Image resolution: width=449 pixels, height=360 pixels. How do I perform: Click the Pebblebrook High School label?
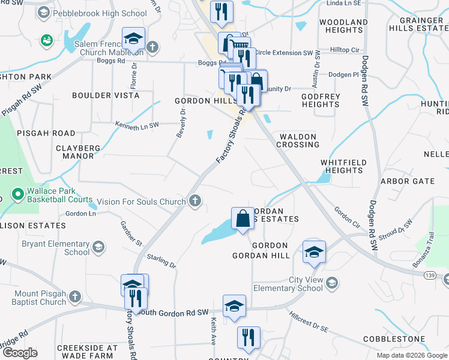(x=100, y=13)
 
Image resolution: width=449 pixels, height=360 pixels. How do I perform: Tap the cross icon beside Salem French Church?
(x=152, y=47)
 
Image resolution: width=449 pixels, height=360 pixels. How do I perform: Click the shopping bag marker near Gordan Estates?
(x=243, y=219)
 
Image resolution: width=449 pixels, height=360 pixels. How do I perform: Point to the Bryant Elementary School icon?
(x=97, y=247)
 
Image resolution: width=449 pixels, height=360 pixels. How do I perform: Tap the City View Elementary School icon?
(x=331, y=283)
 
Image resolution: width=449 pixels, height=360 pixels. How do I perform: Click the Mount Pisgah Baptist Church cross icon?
(x=74, y=296)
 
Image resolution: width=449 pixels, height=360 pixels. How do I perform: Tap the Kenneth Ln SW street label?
(x=137, y=125)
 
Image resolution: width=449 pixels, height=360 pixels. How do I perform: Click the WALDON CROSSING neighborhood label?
(x=298, y=140)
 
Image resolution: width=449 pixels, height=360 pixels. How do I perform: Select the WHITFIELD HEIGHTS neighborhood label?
(x=342, y=166)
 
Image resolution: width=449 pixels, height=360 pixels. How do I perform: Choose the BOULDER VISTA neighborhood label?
(x=106, y=95)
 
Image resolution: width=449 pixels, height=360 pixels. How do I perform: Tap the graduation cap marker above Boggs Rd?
(x=133, y=39)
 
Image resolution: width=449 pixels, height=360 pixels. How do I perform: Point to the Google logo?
(x=20, y=353)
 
